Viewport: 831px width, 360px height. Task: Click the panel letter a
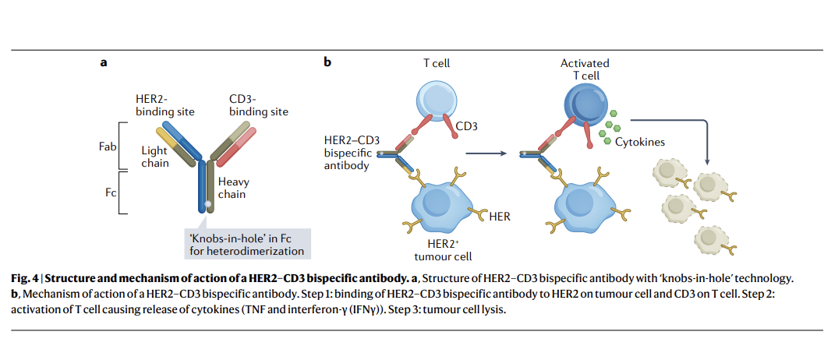pos(103,62)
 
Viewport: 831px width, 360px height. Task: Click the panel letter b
pos(327,62)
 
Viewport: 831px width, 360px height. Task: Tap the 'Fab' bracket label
pos(108,146)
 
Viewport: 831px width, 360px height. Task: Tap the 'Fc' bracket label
pos(111,189)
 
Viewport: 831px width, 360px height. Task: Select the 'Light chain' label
pos(154,157)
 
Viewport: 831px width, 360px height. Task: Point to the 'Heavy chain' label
pos(233,187)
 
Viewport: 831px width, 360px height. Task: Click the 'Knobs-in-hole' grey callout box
pos(246,244)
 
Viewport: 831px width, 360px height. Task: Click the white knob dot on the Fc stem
pos(207,205)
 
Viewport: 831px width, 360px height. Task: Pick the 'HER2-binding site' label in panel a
pos(165,105)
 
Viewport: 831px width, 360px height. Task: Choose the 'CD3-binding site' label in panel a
pos(259,105)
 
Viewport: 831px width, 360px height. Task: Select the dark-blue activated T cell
pos(584,101)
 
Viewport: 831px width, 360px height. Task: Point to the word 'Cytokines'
pos(640,142)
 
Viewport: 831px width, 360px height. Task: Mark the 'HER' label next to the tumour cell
pos(500,216)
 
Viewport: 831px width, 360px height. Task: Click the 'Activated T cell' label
pos(585,69)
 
